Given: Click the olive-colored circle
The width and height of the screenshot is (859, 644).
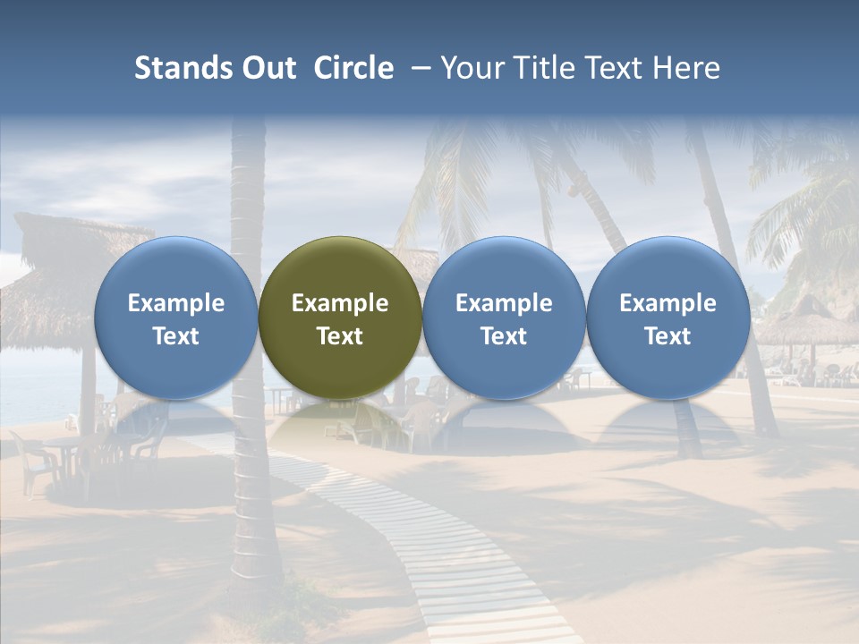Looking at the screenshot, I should point(340,318).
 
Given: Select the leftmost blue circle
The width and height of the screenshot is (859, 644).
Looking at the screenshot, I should point(175,318).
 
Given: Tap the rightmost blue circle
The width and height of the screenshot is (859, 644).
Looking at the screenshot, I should point(668,318).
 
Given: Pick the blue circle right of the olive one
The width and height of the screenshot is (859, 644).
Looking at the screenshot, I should point(504,318).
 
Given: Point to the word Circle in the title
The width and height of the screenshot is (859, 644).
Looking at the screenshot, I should point(353,68).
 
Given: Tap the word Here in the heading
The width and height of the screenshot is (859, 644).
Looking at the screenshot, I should point(686,68).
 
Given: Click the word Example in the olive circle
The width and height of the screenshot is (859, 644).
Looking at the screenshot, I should point(340,303).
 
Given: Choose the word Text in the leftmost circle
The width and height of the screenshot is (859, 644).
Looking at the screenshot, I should point(175,336).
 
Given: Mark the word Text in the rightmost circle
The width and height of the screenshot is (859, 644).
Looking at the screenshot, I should point(668,336).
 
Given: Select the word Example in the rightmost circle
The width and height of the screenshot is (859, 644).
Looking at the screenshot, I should point(668,303).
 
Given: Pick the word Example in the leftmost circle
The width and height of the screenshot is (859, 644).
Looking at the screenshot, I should point(175,303).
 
